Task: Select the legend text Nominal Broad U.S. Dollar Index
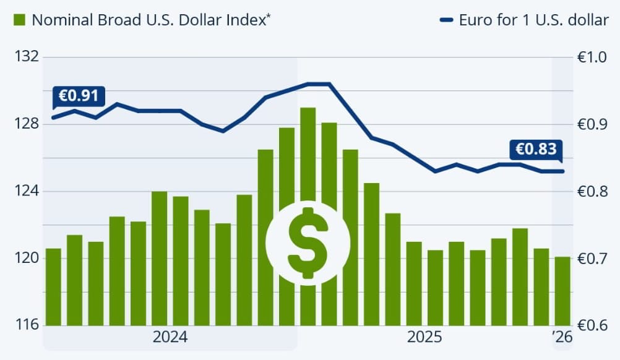(x=152, y=20)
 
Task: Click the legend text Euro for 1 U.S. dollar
(x=533, y=20)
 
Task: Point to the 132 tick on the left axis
(x=26, y=58)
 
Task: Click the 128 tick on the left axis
(x=26, y=124)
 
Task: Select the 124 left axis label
(x=26, y=191)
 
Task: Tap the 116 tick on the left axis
(x=26, y=325)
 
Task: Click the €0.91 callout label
(x=79, y=96)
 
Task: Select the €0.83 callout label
(x=536, y=149)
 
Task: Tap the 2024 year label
(x=170, y=338)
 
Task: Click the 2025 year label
(x=424, y=338)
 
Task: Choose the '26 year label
(x=562, y=338)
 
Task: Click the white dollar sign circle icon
(x=308, y=243)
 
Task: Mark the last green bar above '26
(x=562, y=291)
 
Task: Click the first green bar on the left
(x=54, y=286)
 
